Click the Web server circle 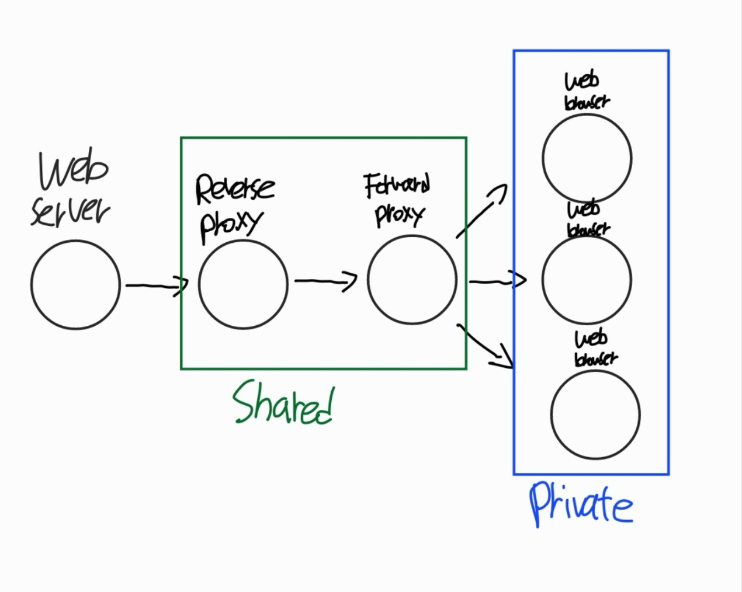(75, 284)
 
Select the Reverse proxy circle (243, 284)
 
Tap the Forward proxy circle (412, 280)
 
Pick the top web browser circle (587, 158)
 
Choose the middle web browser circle (587, 279)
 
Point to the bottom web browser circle (595, 414)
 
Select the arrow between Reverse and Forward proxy (325, 281)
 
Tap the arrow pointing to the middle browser (497, 281)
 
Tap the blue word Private (581, 504)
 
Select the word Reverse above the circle (234, 189)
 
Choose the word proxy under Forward (398, 215)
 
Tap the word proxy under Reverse (230, 225)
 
